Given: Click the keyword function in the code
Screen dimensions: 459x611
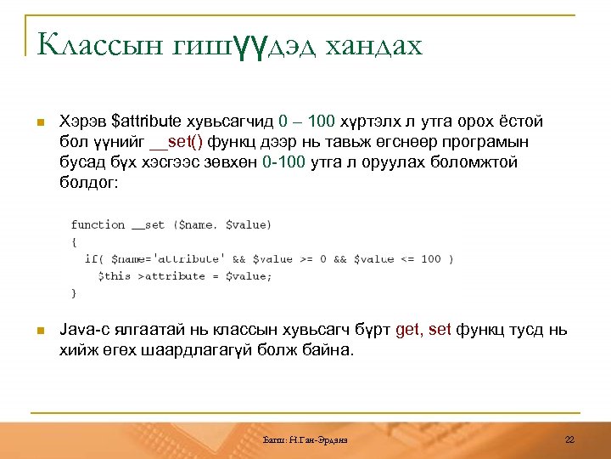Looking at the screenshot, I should [x=98, y=225].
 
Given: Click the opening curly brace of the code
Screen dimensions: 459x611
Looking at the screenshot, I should [x=74, y=242].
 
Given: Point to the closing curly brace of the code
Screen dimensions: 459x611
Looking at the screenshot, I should [x=74, y=293].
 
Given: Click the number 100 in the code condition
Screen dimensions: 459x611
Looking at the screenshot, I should [x=430, y=259].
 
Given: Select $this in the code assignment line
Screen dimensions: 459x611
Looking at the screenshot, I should [x=115, y=276].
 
